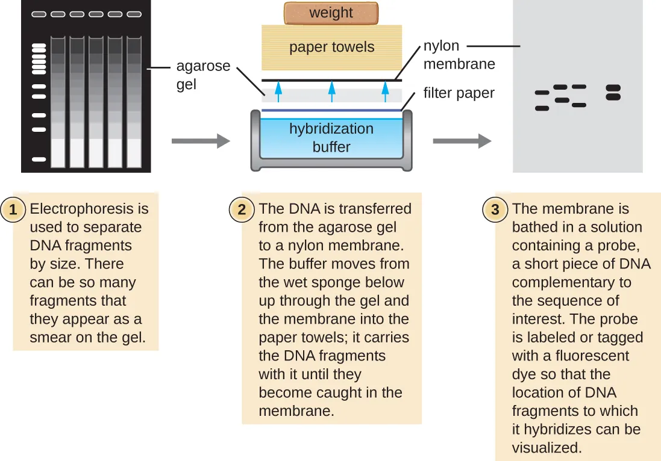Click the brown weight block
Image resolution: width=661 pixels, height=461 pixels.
331,13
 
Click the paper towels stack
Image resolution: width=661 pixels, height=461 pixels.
331,47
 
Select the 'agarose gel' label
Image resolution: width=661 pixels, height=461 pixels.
203,75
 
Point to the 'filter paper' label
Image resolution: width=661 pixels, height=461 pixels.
459,93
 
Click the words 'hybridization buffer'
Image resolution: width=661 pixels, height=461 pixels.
331,138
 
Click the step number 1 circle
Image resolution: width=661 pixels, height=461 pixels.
13,209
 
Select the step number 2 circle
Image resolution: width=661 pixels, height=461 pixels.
242,209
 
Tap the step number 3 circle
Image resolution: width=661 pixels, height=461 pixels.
495,209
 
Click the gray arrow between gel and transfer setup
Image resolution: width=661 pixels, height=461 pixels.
201,141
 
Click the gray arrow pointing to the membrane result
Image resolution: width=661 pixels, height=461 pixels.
462,141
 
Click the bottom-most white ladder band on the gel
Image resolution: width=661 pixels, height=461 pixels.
39,159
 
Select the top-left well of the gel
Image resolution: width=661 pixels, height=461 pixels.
39,13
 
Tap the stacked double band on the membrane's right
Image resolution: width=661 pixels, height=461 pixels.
613,93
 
